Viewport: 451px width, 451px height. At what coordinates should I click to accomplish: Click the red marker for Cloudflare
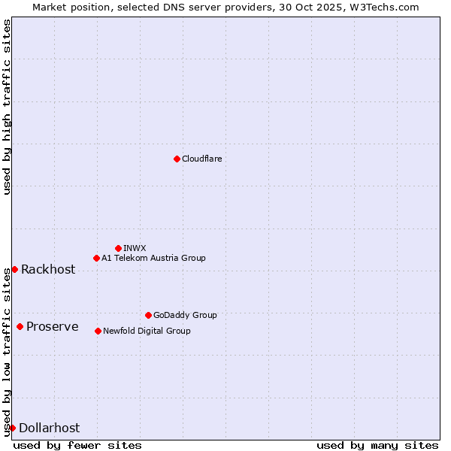click(177, 159)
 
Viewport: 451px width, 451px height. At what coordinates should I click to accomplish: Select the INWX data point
click(118, 248)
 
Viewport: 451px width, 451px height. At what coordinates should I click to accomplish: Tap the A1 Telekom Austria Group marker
click(96, 258)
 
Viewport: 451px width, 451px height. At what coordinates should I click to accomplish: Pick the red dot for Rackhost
click(14, 269)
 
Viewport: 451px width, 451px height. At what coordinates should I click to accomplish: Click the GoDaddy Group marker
click(148, 315)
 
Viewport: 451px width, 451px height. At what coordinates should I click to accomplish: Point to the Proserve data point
click(20, 326)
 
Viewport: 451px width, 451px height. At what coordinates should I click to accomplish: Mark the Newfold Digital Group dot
click(98, 331)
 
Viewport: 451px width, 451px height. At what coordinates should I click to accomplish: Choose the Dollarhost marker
click(12, 428)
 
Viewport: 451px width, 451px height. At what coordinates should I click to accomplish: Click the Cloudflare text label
click(201, 159)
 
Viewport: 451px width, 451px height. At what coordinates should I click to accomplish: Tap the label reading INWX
click(135, 248)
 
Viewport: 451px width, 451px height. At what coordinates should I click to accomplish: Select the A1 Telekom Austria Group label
click(153, 258)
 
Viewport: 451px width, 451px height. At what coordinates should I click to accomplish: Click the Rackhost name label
click(48, 269)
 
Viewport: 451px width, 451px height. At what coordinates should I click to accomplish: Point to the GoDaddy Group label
click(185, 315)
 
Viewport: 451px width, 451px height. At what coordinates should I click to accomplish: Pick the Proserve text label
click(53, 326)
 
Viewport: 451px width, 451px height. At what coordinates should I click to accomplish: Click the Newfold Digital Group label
click(147, 331)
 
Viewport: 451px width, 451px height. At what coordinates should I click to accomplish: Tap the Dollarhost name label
click(49, 428)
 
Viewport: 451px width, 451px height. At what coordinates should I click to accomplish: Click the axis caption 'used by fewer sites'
click(77, 445)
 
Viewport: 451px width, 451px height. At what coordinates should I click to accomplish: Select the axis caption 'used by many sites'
click(377, 445)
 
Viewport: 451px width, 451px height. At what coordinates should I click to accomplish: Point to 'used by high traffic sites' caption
click(7, 107)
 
